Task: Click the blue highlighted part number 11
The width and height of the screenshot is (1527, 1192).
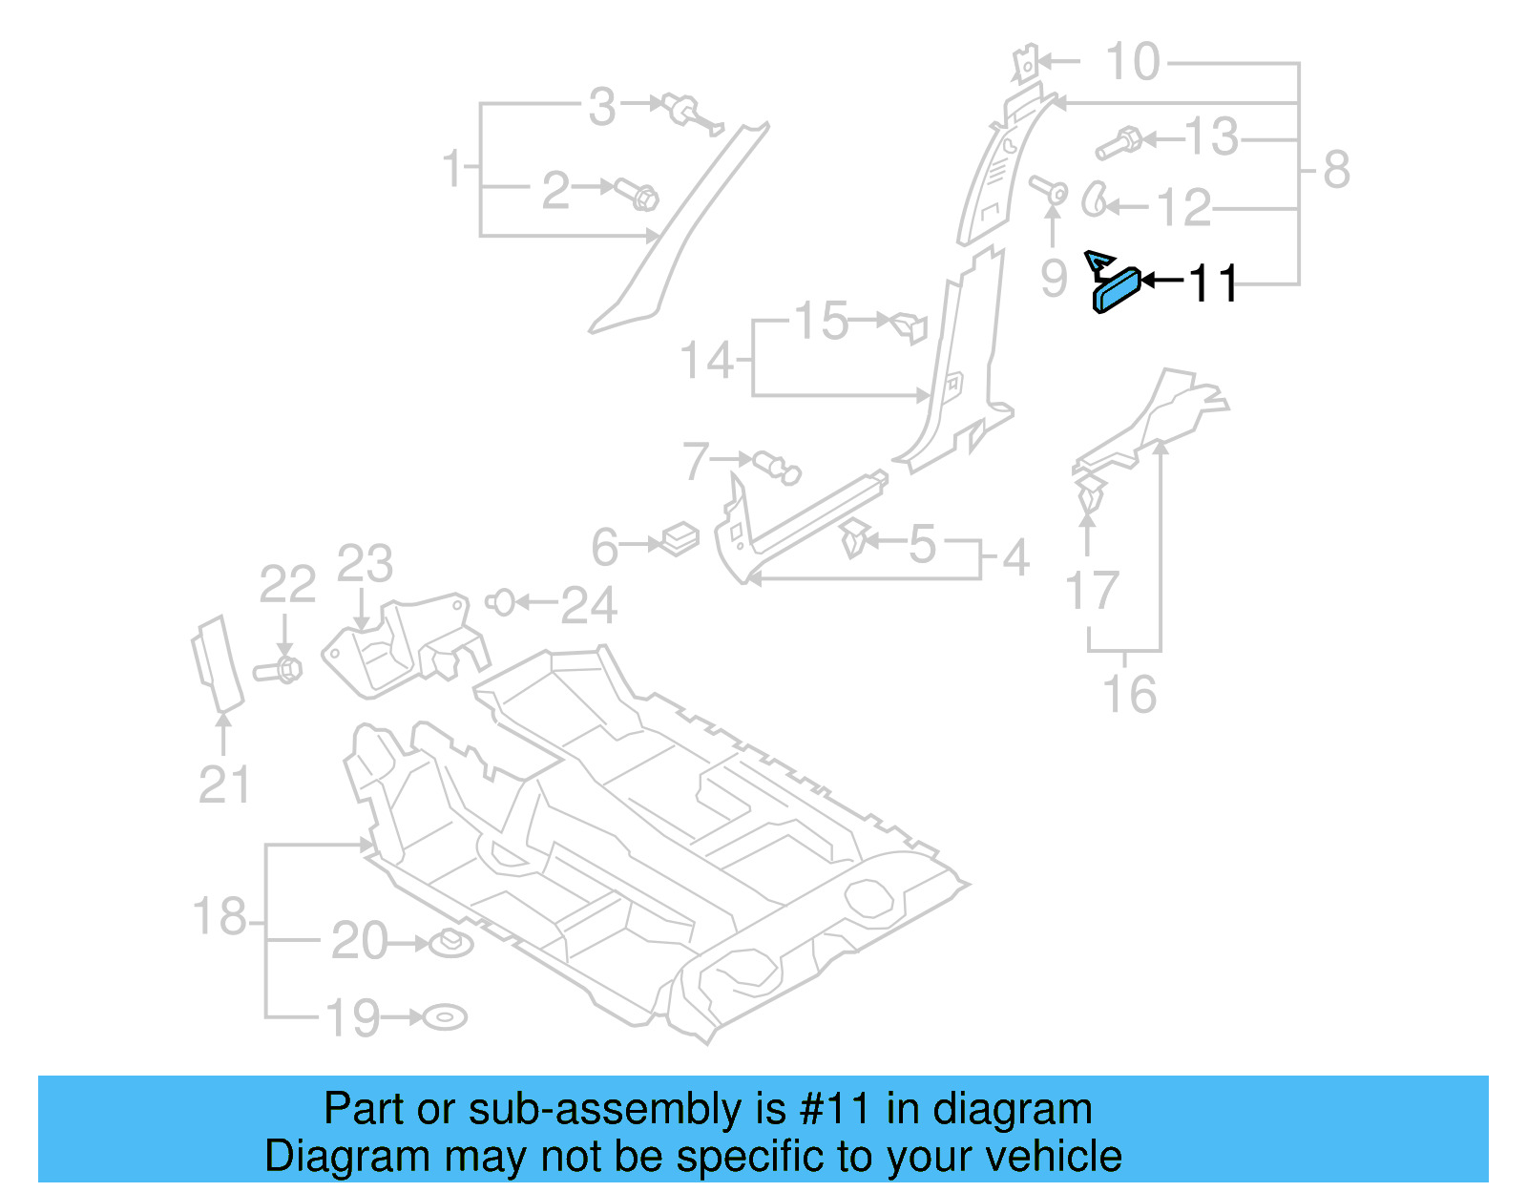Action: click(x=1116, y=289)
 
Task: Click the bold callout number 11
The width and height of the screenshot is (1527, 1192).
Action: click(x=1212, y=283)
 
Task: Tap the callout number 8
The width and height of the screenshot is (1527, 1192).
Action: click(x=1336, y=170)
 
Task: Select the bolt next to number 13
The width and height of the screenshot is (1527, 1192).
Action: click(x=1119, y=144)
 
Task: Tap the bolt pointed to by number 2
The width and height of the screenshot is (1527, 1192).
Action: click(x=637, y=194)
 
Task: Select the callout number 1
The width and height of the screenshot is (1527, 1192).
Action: click(x=452, y=169)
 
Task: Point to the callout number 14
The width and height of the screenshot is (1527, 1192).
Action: click(x=706, y=361)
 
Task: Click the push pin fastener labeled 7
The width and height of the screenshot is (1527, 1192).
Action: click(x=777, y=467)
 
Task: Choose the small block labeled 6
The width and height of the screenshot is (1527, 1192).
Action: click(x=680, y=539)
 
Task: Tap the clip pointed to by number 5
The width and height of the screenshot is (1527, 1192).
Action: click(x=855, y=539)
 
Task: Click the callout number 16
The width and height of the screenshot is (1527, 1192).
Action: click(x=1129, y=694)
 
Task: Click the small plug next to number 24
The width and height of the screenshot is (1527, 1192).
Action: click(x=500, y=602)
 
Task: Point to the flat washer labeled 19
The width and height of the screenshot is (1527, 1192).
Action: click(x=445, y=1017)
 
